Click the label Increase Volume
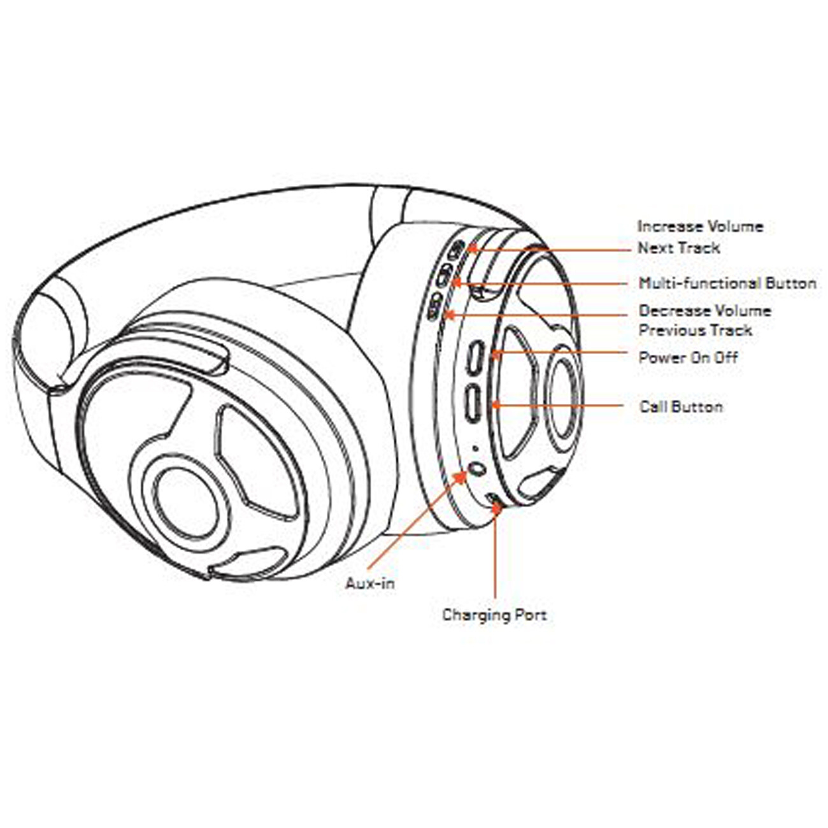click(700, 227)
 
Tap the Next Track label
click(678, 248)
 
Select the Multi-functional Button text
click(727, 283)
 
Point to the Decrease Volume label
click(704, 311)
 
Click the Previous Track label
click(696, 331)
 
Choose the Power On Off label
click(688, 357)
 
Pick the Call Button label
click(681, 406)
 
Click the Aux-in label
click(370, 583)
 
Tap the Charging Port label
click(494, 615)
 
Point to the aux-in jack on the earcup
click(477, 469)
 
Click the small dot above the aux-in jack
click(475, 448)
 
